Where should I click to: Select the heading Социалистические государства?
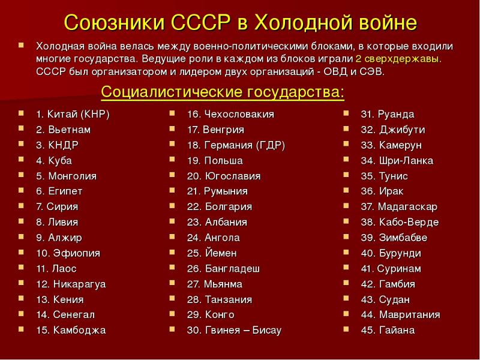tap(223, 92)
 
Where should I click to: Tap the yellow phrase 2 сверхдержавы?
tap(398, 59)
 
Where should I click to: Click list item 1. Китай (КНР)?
tap(73, 115)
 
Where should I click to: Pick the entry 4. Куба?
tap(54, 161)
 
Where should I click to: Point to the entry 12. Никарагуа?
tap(71, 284)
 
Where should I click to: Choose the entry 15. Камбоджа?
tap(71, 331)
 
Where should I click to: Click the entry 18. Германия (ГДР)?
tap(236, 145)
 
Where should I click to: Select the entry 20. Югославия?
tap(224, 176)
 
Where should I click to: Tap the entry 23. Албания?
tap(217, 222)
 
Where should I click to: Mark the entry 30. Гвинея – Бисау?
tap(234, 331)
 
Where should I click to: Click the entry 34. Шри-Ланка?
tap(397, 161)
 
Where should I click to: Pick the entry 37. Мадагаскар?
tap(399, 207)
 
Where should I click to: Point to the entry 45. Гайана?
tap(388, 331)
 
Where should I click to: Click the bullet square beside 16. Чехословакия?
tap(172, 113)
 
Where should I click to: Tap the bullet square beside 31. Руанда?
tap(346, 113)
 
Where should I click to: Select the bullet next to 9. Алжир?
tap(21, 236)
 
